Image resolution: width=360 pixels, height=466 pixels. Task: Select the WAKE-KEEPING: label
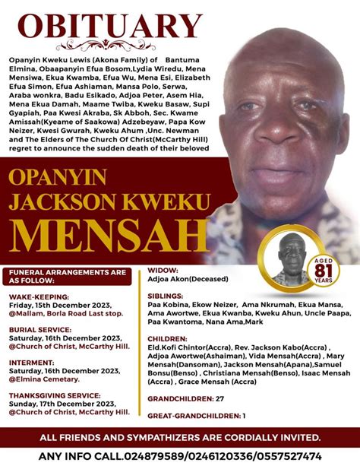[x=36, y=298]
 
